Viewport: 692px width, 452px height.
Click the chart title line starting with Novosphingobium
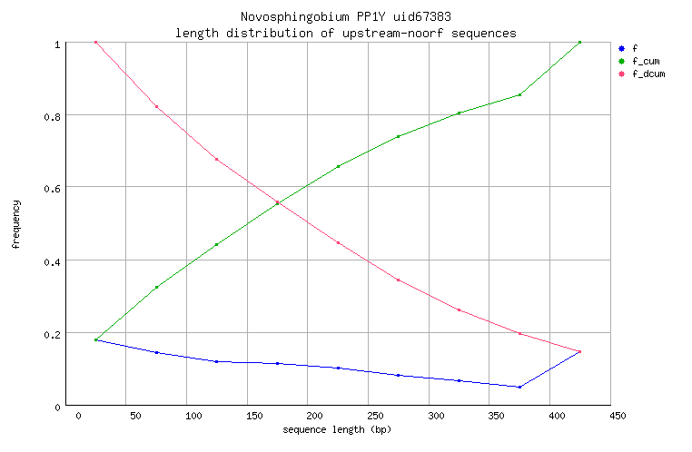click(345, 17)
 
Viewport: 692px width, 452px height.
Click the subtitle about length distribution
click(345, 33)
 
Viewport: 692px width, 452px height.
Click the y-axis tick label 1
click(58, 44)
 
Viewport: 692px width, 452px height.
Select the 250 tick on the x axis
click(369, 416)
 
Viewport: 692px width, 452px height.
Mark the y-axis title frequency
click(15, 225)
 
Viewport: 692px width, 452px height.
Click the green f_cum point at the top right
click(579, 42)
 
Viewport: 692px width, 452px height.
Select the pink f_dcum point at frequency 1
click(95, 42)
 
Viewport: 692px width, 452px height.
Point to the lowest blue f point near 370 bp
click(519, 387)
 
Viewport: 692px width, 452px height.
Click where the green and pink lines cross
click(277, 202)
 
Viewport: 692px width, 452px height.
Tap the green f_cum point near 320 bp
click(460, 113)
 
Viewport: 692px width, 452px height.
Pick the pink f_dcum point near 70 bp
click(156, 106)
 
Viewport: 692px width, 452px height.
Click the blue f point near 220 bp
click(338, 368)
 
